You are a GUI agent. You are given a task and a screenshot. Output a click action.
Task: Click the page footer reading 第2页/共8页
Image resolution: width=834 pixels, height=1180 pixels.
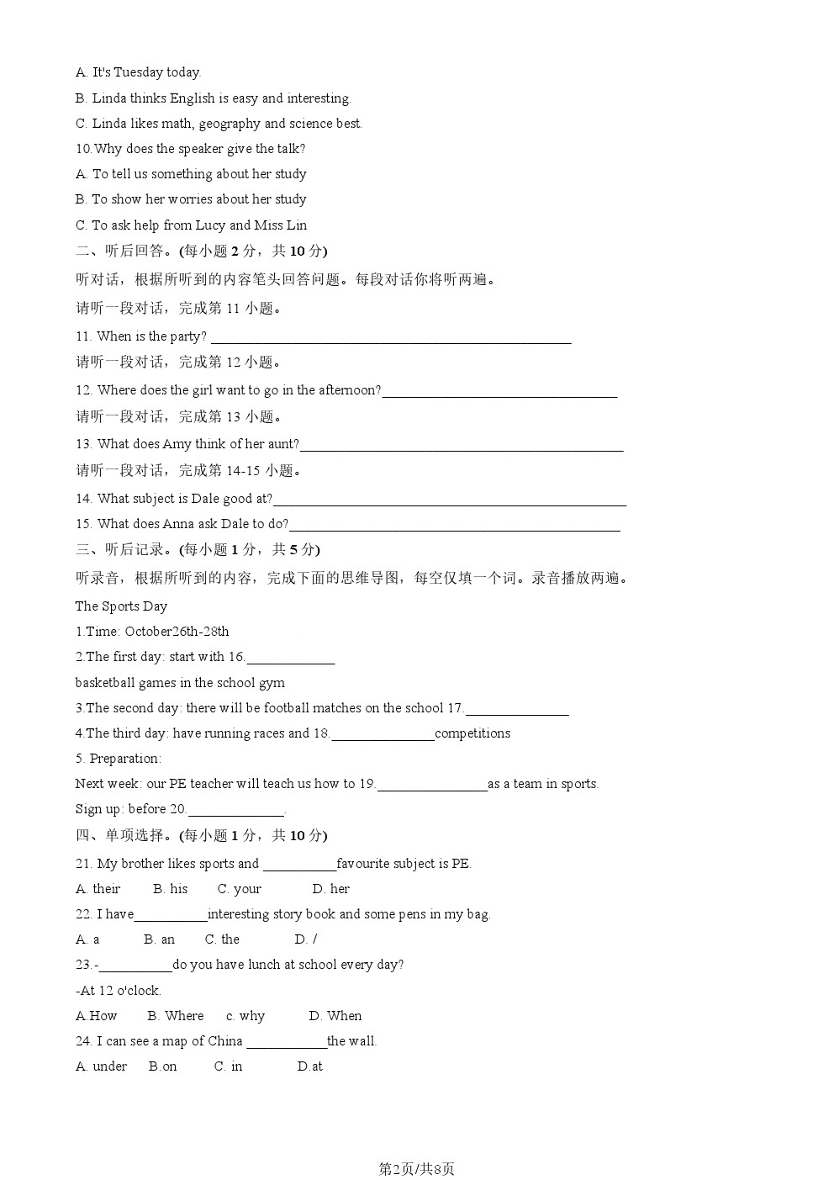[416, 1168]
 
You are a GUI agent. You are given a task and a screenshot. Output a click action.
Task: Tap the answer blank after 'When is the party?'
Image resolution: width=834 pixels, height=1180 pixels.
[391, 338]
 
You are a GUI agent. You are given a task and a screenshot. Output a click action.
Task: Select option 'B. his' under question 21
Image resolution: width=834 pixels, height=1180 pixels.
[171, 889]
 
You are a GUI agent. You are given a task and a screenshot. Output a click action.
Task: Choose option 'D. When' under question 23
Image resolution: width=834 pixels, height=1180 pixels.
[335, 1016]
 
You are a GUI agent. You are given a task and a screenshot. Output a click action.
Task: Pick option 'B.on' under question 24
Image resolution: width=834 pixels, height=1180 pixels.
[163, 1066]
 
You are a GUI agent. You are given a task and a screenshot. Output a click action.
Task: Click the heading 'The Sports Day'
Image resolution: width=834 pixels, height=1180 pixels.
[121, 606]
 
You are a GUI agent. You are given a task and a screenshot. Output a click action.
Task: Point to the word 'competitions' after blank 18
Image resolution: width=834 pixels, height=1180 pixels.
[472, 733]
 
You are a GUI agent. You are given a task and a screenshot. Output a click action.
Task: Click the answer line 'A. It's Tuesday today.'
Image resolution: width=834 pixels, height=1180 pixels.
[139, 72]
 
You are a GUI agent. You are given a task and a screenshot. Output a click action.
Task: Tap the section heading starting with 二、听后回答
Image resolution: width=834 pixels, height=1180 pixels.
[202, 251]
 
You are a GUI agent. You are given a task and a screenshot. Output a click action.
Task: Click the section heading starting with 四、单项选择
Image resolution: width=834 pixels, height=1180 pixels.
[202, 835]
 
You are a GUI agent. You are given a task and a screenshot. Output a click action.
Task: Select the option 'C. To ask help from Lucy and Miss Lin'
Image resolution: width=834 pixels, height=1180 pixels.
[192, 225]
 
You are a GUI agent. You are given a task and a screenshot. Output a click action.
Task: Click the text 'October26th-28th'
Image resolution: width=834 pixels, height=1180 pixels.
[177, 632]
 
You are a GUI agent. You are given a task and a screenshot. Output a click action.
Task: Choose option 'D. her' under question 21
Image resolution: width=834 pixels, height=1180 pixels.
[330, 889]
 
